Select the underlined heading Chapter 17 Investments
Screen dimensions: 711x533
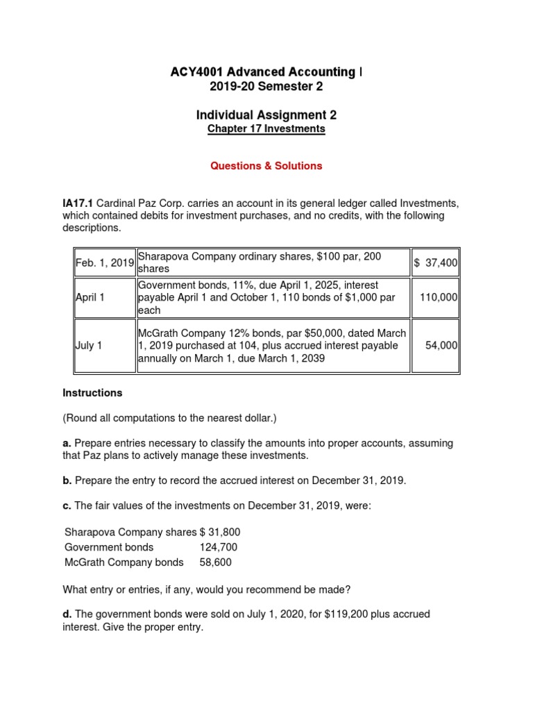click(x=266, y=129)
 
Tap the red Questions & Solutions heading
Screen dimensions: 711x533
click(x=266, y=166)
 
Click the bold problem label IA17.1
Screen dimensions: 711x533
click(x=78, y=203)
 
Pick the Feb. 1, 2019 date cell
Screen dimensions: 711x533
click(x=105, y=262)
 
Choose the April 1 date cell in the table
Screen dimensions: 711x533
click(x=91, y=297)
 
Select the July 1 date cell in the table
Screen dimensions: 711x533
click(x=89, y=345)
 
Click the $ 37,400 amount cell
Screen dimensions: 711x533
click(x=435, y=262)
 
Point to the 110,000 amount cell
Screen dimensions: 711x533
click(x=439, y=297)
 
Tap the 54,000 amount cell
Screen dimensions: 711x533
click(x=441, y=345)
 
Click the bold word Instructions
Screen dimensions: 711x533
click(x=92, y=393)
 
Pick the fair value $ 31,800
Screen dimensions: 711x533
click(x=220, y=532)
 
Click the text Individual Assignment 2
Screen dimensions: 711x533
click(x=266, y=115)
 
